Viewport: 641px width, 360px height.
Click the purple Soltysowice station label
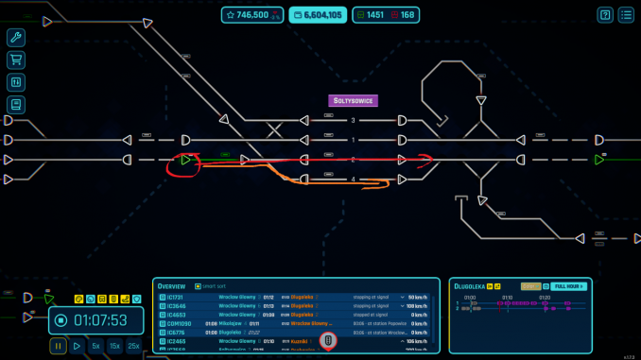pos(353,100)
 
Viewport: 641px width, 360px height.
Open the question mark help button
pos(604,15)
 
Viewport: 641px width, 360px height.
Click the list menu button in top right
pos(626,15)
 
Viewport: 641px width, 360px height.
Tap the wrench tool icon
pos(15,38)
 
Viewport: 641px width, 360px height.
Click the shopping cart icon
pos(15,60)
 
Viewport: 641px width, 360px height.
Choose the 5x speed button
pos(95,347)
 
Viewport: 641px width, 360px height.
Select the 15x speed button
pos(114,347)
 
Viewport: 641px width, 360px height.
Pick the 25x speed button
pos(134,347)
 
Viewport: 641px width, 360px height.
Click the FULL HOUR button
pos(569,285)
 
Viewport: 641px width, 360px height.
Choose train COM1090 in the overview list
pos(181,323)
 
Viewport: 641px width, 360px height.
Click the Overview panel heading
pos(171,285)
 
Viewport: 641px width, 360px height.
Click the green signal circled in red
pos(186,160)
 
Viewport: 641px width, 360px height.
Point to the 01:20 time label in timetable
pos(544,297)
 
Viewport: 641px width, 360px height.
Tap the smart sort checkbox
pos(198,285)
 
